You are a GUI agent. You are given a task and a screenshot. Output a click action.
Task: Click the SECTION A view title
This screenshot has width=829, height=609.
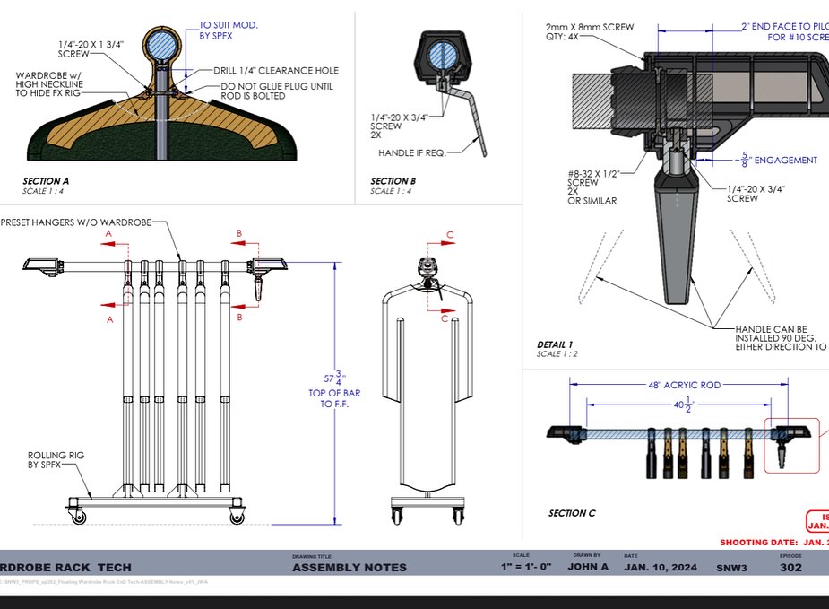pos(46,181)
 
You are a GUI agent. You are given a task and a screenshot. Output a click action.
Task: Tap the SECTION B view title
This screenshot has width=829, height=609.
pos(393,181)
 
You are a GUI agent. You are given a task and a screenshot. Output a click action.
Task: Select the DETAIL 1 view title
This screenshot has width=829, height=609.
pos(556,344)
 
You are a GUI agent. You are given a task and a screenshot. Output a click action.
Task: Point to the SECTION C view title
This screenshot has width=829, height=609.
pos(572,513)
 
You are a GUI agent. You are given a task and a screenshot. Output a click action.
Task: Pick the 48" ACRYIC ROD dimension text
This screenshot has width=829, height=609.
pos(685,385)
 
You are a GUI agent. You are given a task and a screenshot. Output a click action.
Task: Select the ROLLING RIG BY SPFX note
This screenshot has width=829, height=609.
pos(56,461)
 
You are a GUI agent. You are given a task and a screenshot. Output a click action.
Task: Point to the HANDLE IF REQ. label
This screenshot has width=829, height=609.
pos(411,152)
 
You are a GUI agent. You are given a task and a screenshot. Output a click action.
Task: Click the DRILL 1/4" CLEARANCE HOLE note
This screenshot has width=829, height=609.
pos(276,70)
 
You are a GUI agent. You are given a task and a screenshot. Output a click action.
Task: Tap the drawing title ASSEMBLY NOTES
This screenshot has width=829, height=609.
pos(350,567)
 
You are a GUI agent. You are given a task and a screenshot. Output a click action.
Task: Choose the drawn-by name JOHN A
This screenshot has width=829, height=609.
pos(588,567)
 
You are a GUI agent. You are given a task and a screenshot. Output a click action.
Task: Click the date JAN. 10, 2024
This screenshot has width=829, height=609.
pos(661,567)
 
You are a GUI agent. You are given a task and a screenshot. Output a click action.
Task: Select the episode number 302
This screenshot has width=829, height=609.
pos(790,567)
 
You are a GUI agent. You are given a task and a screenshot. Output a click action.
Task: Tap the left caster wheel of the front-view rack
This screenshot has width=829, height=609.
pos(75,516)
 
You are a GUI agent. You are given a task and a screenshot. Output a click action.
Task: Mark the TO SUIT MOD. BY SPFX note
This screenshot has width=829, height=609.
pos(228,30)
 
